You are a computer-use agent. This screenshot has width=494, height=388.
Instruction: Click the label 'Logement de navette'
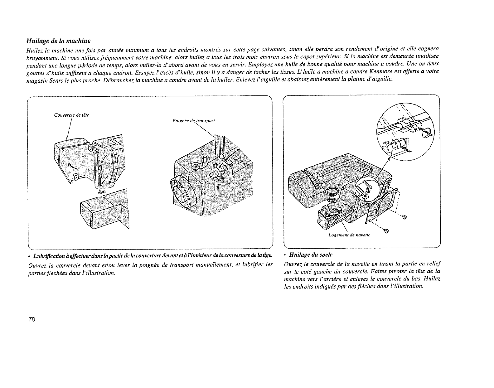349,235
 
